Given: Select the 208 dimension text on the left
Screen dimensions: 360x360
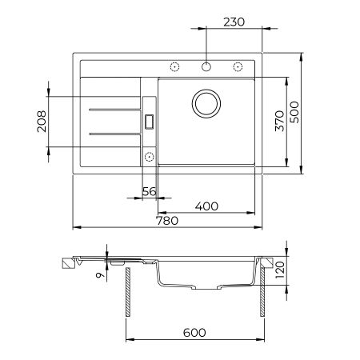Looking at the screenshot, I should click(41, 121).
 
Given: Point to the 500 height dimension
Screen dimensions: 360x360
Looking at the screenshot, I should click(318, 114).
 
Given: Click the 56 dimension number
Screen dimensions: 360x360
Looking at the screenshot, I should click(148, 190).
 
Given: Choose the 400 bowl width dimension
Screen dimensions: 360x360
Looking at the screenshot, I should click(206, 206).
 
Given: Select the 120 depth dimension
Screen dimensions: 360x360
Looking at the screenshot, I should click(280, 272).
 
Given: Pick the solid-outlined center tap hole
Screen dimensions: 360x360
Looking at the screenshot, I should click(206, 66).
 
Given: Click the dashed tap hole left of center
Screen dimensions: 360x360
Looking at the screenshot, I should click(175, 66).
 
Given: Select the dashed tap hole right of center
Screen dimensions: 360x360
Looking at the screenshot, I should click(238, 66).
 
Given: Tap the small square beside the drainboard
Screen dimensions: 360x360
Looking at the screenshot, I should click(149, 121).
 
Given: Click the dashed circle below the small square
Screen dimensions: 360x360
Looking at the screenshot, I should click(149, 155).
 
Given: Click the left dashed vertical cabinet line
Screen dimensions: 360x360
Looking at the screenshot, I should click(127, 292).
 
